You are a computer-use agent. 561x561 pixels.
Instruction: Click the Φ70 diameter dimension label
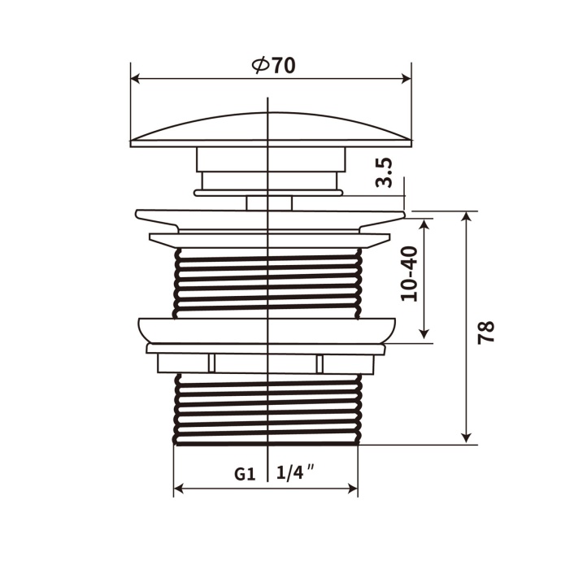(274, 66)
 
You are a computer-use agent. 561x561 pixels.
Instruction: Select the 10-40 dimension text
(411, 274)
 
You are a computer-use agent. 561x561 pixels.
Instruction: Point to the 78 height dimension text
(486, 331)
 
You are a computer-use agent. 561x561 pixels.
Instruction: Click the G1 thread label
(245, 473)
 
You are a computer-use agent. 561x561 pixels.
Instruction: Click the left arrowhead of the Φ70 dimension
(136, 79)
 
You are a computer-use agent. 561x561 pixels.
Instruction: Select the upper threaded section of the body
(266, 280)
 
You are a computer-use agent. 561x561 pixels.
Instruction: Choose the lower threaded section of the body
(266, 411)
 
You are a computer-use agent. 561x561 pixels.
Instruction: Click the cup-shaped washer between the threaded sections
(267, 329)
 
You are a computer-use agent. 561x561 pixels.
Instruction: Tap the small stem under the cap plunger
(268, 202)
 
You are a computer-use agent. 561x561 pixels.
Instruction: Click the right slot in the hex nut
(320, 363)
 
